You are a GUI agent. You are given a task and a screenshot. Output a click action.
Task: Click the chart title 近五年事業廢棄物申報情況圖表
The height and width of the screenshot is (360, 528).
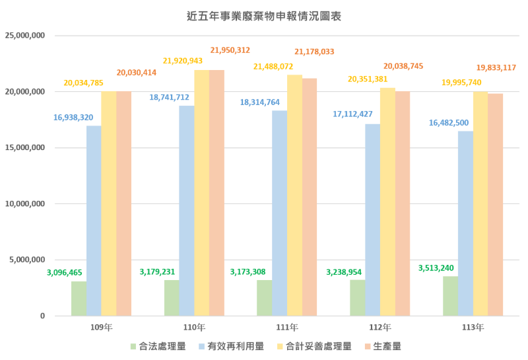click(264, 14)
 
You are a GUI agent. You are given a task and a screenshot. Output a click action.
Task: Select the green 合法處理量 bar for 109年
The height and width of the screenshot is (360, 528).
click(79, 299)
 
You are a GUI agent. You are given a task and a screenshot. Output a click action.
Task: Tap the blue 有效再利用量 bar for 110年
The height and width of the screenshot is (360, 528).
click(187, 211)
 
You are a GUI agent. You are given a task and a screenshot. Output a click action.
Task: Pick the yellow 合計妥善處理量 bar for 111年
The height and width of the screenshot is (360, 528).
click(294, 196)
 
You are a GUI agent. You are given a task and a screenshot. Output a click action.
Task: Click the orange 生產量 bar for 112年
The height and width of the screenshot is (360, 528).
click(403, 203)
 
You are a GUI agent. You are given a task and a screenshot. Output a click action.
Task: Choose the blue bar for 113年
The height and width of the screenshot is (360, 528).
click(466, 223)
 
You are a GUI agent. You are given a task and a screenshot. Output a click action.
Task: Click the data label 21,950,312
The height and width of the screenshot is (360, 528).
click(230, 50)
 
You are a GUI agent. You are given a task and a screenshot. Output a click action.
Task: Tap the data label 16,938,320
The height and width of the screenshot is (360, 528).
click(73, 118)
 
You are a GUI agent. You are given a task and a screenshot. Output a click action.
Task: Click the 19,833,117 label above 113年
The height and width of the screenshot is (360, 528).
click(496, 67)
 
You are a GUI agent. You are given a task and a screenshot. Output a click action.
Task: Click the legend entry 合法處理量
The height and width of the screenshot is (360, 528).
click(162, 345)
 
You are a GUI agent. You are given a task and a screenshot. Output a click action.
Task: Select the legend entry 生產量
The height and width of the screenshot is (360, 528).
click(386, 345)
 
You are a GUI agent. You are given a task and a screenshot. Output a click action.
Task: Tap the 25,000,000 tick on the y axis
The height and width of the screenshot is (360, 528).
click(24, 35)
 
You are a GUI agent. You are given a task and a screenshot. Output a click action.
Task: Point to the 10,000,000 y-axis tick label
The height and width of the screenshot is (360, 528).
click(24, 203)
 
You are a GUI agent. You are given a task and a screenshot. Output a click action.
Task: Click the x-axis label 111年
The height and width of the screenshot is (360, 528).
click(287, 327)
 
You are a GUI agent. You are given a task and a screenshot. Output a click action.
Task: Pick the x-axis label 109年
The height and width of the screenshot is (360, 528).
click(101, 327)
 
